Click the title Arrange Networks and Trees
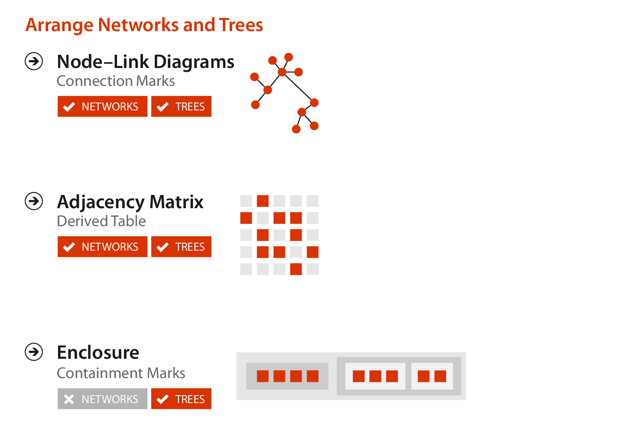[x=144, y=25]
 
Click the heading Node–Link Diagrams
[x=145, y=62]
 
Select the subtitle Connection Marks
[x=116, y=81]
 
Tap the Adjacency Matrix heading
[x=130, y=202]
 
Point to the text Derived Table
[x=101, y=221]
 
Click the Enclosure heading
[x=98, y=353]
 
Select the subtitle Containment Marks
[x=121, y=373]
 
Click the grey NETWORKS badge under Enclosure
[x=102, y=399]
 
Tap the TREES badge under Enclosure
[x=181, y=399]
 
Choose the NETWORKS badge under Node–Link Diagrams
[x=102, y=106]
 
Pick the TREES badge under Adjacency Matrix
[x=181, y=246]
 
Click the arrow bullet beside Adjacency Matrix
[x=34, y=201]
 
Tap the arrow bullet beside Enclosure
[x=34, y=352]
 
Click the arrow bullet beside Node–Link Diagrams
[x=34, y=61]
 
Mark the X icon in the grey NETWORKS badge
[x=69, y=399]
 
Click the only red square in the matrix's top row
[x=263, y=201]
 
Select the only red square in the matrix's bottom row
[x=296, y=269]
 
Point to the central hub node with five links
[x=282, y=72]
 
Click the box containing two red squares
[x=432, y=376]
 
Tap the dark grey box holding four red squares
[x=287, y=376]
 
